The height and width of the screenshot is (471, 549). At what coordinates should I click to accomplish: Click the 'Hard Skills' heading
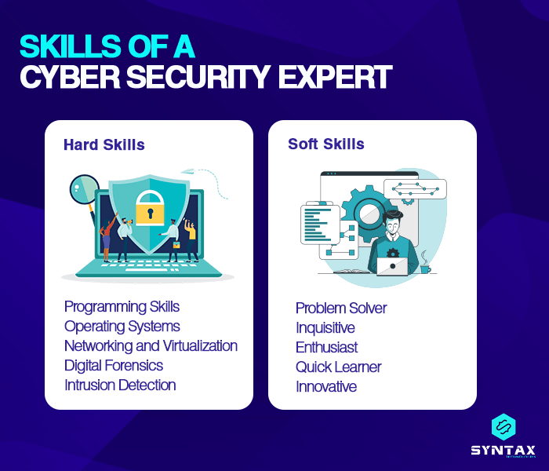(104, 144)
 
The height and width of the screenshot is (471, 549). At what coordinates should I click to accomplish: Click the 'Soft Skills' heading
(325, 144)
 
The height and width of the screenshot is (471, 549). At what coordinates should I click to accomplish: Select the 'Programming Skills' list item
(122, 306)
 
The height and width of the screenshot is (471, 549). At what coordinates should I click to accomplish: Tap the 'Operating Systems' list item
(122, 326)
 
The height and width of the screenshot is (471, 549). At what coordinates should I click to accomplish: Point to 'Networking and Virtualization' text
(151, 345)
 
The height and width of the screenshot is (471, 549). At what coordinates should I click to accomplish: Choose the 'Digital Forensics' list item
(114, 365)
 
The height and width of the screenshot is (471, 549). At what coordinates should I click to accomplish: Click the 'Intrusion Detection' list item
(120, 385)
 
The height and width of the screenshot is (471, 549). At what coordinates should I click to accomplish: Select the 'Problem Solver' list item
(341, 308)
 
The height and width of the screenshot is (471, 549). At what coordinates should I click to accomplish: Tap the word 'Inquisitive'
(325, 327)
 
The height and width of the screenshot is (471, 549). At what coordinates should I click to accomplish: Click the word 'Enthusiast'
(326, 347)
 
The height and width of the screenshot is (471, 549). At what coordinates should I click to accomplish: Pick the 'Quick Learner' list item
(338, 367)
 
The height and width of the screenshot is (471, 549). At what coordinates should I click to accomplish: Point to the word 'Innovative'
(325, 386)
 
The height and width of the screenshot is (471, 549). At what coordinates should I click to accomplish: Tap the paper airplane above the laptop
(187, 170)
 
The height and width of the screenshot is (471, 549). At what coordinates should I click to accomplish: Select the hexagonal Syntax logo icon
(503, 426)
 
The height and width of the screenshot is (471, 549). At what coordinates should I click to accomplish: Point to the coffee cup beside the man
(424, 268)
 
